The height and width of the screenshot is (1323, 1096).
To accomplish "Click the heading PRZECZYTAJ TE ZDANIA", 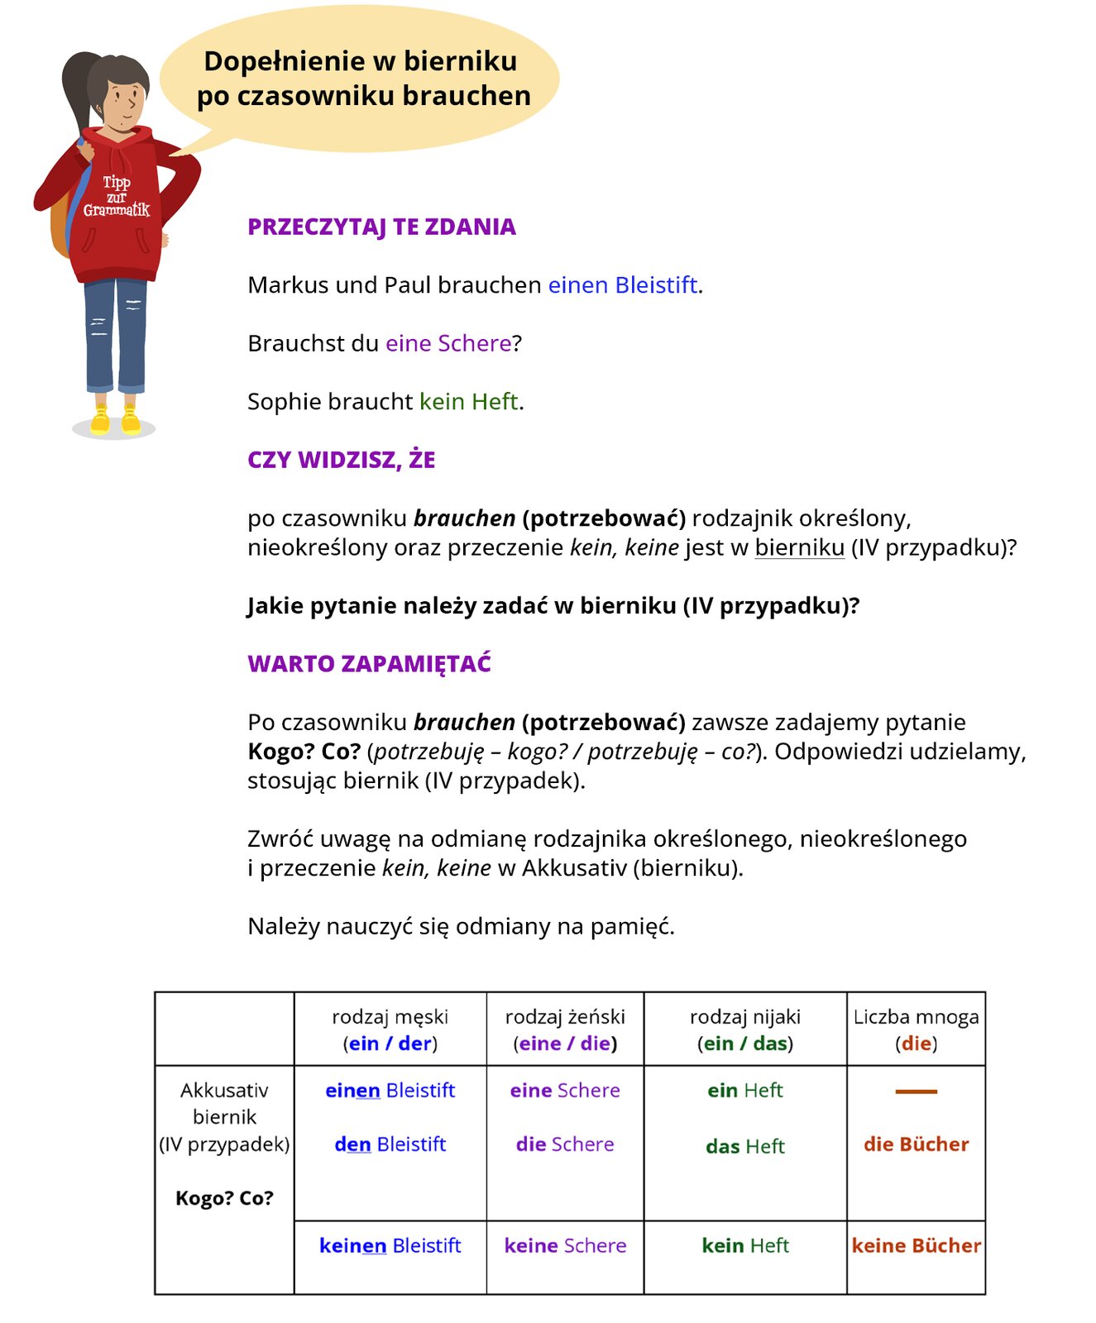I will [x=381, y=227].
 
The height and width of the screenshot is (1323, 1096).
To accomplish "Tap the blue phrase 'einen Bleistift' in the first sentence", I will [x=623, y=285].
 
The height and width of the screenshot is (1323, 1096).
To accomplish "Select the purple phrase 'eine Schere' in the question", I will [x=448, y=343].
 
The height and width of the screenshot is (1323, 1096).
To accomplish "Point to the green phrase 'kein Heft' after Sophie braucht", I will [x=469, y=402].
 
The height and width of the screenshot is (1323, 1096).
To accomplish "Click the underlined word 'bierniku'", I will [x=799, y=547].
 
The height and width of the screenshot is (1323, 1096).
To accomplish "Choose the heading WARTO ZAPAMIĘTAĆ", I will [x=369, y=664].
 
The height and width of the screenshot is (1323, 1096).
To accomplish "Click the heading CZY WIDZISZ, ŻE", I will [x=341, y=460].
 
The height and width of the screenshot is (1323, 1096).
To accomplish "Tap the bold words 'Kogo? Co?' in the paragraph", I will [x=304, y=752].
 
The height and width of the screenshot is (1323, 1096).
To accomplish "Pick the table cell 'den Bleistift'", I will [x=390, y=1144].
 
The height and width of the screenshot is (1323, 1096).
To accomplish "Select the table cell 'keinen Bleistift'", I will [x=390, y=1246].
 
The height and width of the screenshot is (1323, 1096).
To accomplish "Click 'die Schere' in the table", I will [x=565, y=1144].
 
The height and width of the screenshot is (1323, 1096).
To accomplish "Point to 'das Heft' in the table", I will [x=744, y=1146].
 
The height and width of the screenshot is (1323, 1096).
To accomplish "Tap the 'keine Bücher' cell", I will [x=916, y=1246].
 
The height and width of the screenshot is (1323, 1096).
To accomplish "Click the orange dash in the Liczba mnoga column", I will [x=916, y=1091].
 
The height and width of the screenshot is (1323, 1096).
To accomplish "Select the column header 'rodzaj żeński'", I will [x=565, y=1017].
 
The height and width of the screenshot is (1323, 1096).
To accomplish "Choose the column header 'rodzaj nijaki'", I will [x=744, y=1017].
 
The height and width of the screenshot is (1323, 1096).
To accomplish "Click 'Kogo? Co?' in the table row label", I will [x=224, y=1198].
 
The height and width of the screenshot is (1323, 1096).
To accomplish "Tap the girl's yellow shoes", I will [x=115, y=420].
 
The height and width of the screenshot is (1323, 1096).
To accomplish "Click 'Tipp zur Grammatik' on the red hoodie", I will [x=116, y=197].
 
